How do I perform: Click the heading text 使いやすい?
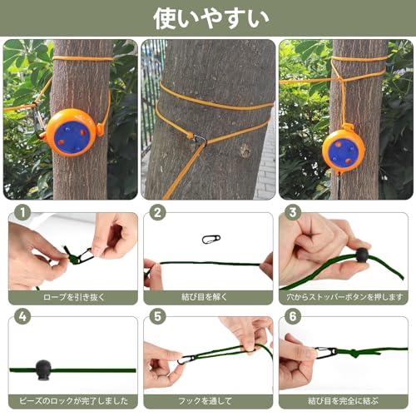click(211, 18)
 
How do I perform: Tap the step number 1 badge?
click(23, 213)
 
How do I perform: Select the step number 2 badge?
click(157, 213)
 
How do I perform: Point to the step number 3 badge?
click(293, 213)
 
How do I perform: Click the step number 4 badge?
click(23, 316)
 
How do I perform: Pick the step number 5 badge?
click(157, 316)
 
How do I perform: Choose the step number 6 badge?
click(293, 316)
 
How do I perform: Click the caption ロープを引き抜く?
click(74, 297)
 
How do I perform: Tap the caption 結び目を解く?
click(205, 297)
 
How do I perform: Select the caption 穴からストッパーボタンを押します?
click(344, 297)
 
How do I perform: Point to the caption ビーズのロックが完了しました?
click(74, 401)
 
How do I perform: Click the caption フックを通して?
click(206, 401)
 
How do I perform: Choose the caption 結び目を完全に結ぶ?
click(343, 401)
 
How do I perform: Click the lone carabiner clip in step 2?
click(211, 240)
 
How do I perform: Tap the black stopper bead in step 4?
click(43, 370)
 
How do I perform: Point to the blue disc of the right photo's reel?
click(344, 153)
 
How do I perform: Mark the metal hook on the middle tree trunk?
click(200, 141)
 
